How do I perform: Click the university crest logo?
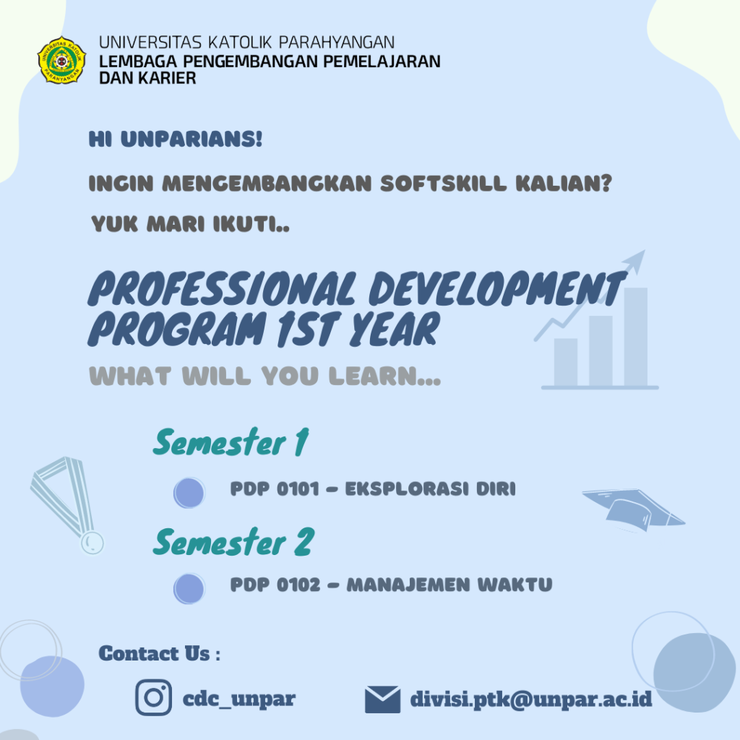tap(61, 60)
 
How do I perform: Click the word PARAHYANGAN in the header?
tap(336, 43)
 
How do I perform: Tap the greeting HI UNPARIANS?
tap(176, 139)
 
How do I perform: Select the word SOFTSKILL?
tap(443, 184)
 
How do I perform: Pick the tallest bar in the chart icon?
tap(636, 337)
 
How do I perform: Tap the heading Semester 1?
tap(231, 443)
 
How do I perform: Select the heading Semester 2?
tap(233, 543)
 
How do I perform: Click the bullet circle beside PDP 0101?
tap(189, 493)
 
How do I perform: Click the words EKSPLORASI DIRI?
tap(430, 489)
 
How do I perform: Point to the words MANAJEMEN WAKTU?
tap(449, 585)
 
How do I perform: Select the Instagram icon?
tap(153, 698)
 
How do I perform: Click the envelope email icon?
tap(382, 700)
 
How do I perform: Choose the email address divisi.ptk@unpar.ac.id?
tap(531, 699)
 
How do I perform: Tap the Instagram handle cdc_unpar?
tap(239, 699)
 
